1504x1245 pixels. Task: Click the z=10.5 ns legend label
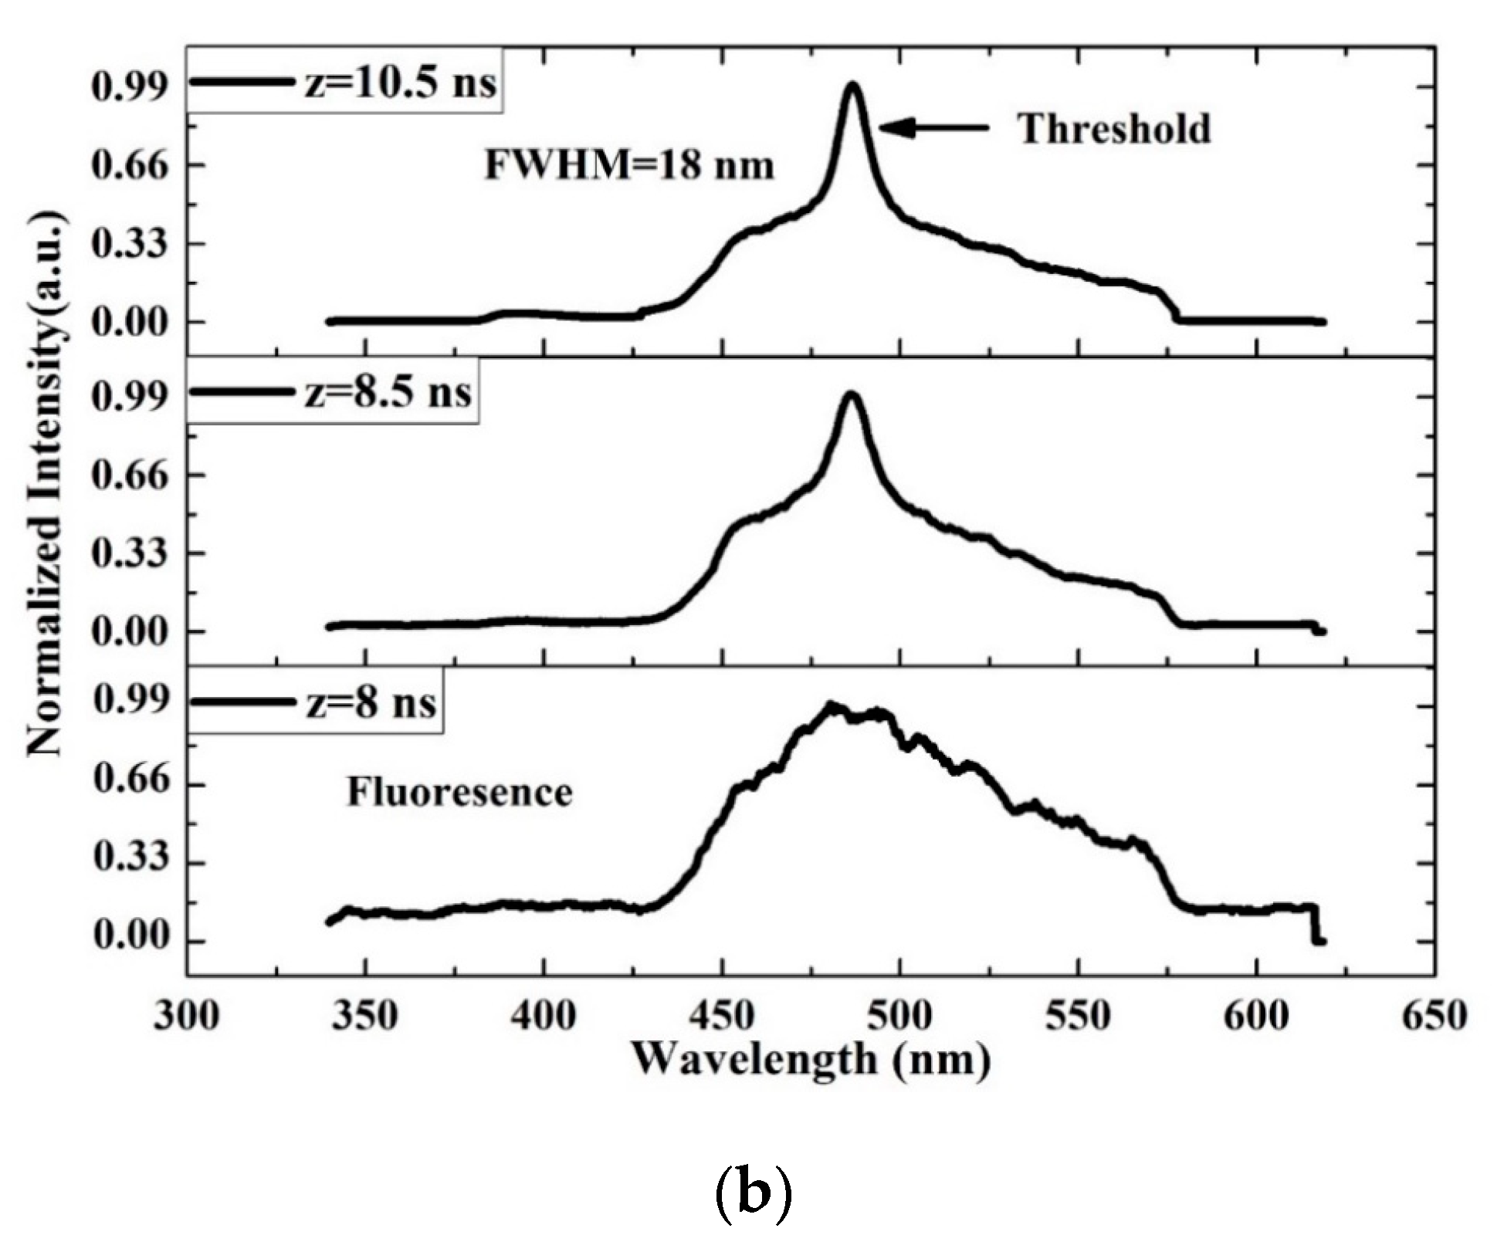[x=398, y=83]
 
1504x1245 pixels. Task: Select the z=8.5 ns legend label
[x=387, y=392]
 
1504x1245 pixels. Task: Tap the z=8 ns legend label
[x=370, y=703]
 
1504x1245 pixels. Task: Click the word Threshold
[x=1114, y=129]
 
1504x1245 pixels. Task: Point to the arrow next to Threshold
[x=933, y=128]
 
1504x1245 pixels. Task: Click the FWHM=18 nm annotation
[x=629, y=164]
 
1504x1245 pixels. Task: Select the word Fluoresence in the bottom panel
[x=459, y=793]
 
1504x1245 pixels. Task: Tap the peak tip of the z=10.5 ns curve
[x=852, y=85]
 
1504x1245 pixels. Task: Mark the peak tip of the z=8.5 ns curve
[x=851, y=395]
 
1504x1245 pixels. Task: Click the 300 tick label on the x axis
[x=186, y=1016]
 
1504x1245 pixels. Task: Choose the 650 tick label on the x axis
[x=1434, y=1016]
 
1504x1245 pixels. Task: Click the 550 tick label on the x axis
[x=1078, y=1016]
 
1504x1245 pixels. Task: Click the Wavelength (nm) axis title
[x=811, y=1059]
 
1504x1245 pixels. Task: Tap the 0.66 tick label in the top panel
[x=130, y=165]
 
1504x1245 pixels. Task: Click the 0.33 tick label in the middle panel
[x=130, y=553]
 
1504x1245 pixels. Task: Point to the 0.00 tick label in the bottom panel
[x=130, y=940]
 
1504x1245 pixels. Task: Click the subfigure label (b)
[x=753, y=1193]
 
